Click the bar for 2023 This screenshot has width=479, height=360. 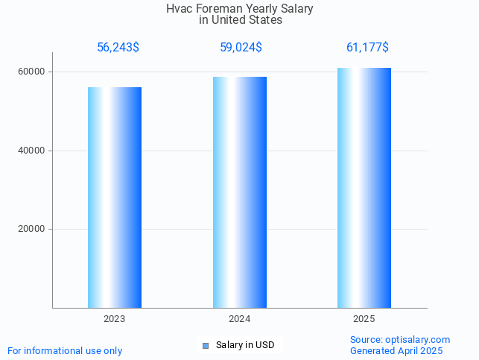point(115,198)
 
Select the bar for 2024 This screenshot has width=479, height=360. point(240,192)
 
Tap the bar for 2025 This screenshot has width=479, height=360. point(364,188)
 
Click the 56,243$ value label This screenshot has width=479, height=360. point(118,48)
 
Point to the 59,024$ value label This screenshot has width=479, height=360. point(241,48)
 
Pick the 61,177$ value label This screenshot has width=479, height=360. point(367,48)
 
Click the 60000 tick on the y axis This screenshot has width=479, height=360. point(32,72)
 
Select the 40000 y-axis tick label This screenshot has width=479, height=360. point(32,151)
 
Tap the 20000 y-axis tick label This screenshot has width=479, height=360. point(32,230)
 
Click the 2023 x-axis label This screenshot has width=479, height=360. point(115,319)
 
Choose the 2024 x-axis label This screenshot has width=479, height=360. point(240,319)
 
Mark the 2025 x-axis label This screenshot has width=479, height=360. point(364,319)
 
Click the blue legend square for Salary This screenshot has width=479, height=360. point(206,346)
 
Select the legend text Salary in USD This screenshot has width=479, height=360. point(245,345)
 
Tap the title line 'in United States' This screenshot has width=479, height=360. point(241,20)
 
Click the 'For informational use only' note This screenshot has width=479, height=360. point(65,350)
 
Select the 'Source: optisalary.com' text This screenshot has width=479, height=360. point(400,340)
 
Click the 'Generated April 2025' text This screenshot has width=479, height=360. point(396,351)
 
